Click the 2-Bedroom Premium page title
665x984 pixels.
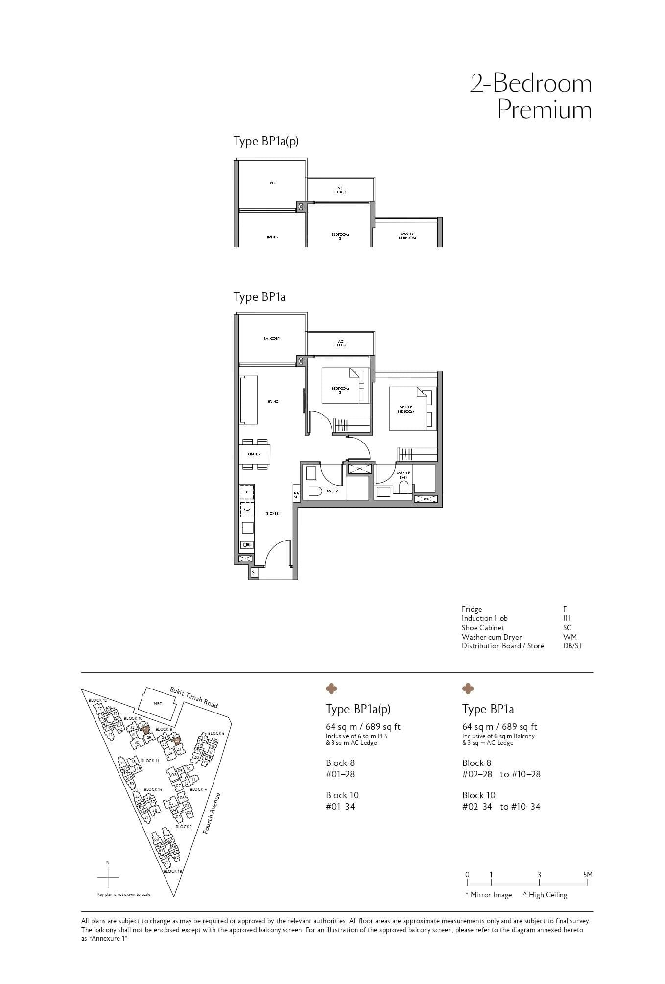click(x=531, y=96)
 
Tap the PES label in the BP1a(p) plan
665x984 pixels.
click(x=273, y=183)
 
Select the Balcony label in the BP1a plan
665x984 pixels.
click(x=272, y=339)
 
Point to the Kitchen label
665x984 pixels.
click(x=273, y=514)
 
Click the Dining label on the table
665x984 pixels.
click(x=254, y=454)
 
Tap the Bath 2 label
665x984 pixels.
click(x=332, y=491)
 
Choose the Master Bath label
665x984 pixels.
click(x=404, y=475)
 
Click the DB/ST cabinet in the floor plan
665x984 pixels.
click(x=296, y=495)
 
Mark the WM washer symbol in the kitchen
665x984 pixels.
click(x=247, y=510)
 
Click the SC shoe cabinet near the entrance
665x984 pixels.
click(x=254, y=572)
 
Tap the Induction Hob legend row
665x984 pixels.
click(x=484, y=618)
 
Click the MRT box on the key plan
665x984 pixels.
click(x=158, y=704)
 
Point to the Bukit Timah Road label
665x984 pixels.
click(x=194, y=697)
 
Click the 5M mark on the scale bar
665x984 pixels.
click(x=588, y=875)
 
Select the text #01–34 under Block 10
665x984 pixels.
click(x=340, y=807)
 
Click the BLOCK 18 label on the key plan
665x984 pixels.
click(x=173, y=871)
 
